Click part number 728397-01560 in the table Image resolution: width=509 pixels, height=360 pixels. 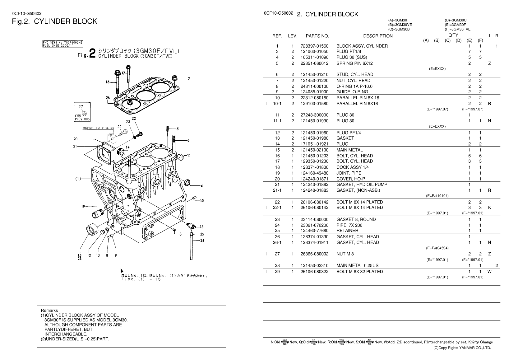(x=314, y=46)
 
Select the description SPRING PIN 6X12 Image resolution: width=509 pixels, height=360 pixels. (x=354, y=63)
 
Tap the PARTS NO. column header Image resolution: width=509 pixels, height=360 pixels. (x=317, y=36)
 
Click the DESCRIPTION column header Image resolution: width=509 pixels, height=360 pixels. (x=378, y=36)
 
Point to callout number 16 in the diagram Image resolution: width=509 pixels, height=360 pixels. (x=108, y=82)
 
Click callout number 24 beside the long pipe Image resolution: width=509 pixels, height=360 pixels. (x=202, y=240)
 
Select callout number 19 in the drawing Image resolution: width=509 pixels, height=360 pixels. (x=83, y=206)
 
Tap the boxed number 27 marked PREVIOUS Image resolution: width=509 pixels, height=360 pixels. (x=81, y=107)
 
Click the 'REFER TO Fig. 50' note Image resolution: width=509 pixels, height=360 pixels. (x=99, y=128)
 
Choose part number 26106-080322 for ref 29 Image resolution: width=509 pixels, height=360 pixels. (x=314, y=272)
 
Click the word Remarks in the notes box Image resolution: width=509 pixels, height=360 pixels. (x=49, y=311)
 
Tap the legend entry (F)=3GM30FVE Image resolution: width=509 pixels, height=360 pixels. (x=457, y=30)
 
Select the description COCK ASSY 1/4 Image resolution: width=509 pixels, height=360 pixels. (x=353, y=167)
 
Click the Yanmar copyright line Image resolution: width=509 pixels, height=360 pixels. (x=462, y=348)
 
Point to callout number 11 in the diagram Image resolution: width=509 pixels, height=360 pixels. (x=189, y=156)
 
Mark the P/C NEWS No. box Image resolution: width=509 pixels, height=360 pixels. (x=63, y=44)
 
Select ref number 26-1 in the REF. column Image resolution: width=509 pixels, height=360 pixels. (x=277, y=242)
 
